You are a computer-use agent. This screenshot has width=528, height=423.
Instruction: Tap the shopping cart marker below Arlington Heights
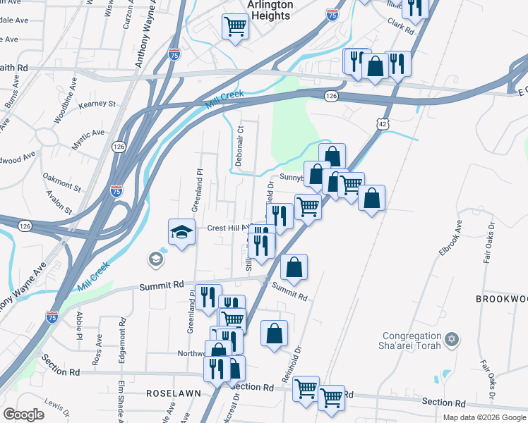click(235, 27)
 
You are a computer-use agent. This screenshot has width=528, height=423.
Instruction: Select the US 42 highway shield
click(382, 123)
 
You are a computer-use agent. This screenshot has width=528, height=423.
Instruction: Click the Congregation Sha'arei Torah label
click(412, 341)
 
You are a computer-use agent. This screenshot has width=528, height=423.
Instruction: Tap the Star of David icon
click(452, 341)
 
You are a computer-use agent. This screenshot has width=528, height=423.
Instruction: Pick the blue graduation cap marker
click(181, 231)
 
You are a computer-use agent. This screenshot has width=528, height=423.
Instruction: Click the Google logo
click(23, 415)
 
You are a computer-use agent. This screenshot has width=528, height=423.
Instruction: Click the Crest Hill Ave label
click(229, 228)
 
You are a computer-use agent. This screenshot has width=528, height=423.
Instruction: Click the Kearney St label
click(97, 104)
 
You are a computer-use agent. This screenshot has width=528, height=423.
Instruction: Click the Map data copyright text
click(484, 417)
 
